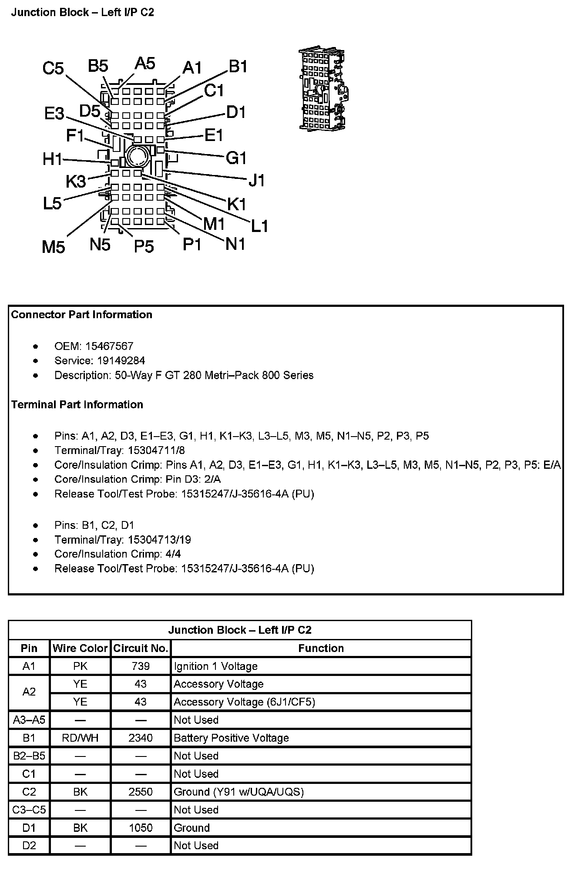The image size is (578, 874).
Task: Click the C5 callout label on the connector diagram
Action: (x=53, y=68)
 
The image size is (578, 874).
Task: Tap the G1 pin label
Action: (x=236, y=158)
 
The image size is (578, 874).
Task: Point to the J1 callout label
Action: (x=256, y=180)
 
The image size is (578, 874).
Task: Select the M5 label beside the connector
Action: (x=54, y=247)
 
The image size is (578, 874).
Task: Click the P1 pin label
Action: (x=192, y=245)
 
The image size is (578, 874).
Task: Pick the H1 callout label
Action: (x=53, y=159)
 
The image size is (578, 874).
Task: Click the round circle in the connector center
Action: (x=137, y=155)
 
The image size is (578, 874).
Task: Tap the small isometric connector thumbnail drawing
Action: (x=323, y=90)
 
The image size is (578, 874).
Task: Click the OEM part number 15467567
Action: (x=109, y=346)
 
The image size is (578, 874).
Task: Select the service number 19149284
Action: (x=115, y=360)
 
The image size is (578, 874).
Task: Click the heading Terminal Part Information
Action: (x=77, y=404)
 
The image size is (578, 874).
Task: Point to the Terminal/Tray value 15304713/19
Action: (x=159, y=540)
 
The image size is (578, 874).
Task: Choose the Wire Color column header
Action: (x=80, y=648)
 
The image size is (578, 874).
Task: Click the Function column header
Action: (x=321, y=648)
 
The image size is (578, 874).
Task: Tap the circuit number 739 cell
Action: (x=141, y=666)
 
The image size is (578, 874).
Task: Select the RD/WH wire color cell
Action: (x=80, y=738)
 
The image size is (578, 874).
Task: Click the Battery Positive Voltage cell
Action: (x=231, y=738)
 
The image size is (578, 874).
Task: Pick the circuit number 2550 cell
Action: (x=141, y=791)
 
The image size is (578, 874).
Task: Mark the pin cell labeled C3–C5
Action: (x=29, y=810)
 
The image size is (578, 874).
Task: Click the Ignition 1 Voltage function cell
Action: (x=215, y=666)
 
